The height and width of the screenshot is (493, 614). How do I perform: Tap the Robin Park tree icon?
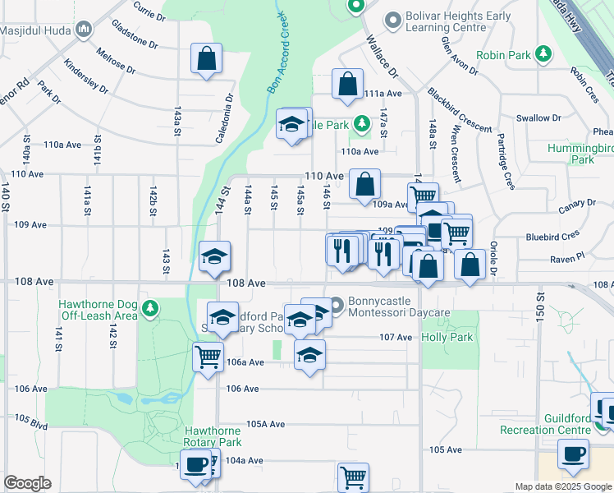pos(542,54)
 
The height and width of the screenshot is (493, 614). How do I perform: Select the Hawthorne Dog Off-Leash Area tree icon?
pos(149,309)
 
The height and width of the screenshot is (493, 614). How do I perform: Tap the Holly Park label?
pos(447,337)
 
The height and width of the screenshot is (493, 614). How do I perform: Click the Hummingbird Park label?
pos(583,154)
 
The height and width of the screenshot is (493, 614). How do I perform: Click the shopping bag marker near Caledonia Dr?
pos(206,58)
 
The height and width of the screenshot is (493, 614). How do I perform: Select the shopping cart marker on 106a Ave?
pos(208,357)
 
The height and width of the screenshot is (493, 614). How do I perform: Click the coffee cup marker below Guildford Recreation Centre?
pos(573,453)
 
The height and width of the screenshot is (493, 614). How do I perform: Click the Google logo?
pos(28,483)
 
